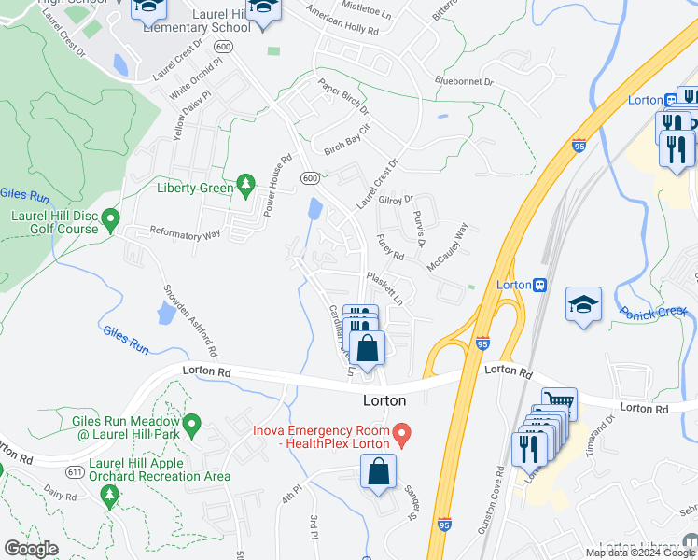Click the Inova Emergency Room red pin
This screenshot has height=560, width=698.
(x=402, y=434)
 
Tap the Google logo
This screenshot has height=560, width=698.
(x=32, y=549)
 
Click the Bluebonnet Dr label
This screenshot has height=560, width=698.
(x=464, y=82)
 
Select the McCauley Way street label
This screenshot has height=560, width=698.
(x=446, y=245)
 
